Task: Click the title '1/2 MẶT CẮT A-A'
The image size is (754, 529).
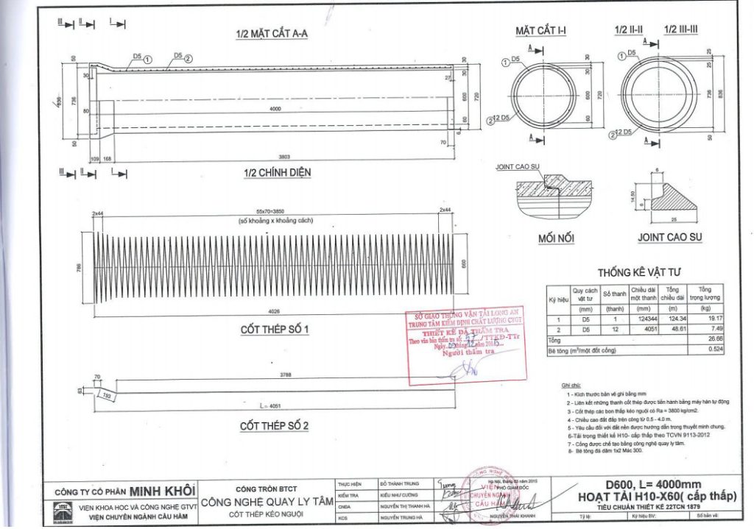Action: click(271, 34)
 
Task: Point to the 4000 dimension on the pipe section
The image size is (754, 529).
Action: click(275, 109)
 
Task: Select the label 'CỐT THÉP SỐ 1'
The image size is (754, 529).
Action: click(274, 330)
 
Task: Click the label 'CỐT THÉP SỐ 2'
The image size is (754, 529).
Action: click(274, 426)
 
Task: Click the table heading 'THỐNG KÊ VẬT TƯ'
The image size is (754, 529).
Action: click(633, 271)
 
